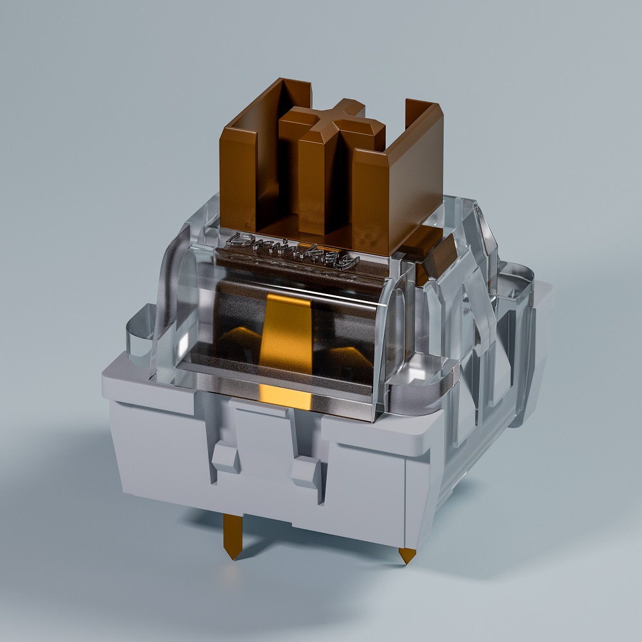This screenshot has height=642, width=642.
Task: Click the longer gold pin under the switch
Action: (x=232, y=533)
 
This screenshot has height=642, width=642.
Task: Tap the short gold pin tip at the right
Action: (x=406, y=555)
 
